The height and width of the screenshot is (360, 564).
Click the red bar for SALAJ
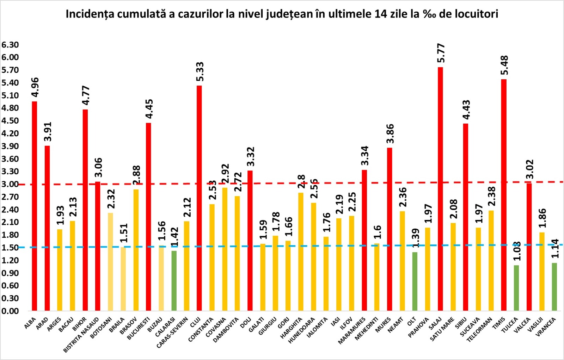(x=440, y=189)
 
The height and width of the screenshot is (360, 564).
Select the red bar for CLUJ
(x=199, y=198)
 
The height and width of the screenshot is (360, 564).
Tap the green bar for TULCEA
(x=516, y=288)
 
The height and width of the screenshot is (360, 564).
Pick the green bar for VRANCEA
(x=554, y=287)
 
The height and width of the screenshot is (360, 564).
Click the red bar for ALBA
(x=35, y=206)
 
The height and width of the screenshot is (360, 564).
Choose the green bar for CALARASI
(x=174, y=281)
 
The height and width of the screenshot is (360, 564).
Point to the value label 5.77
(x=441, y=53)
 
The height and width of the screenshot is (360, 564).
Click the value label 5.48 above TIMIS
(x=504, y=65)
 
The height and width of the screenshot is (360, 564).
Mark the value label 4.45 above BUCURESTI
(x=149, y=109)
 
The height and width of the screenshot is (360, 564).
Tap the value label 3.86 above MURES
(x=390, y=134)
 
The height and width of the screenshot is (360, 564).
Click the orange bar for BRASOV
(x=136, y=250)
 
